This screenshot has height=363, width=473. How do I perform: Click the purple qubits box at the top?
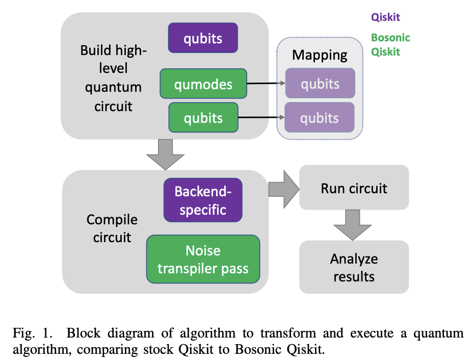pos(203,38)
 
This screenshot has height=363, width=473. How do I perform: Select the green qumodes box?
pos(203,84)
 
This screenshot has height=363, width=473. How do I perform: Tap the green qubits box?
pos(203,118)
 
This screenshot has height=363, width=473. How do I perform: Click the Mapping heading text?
pos(320,55)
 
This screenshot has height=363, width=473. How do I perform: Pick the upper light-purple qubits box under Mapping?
pos(320,84)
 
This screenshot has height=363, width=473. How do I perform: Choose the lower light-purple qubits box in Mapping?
pos(320,118)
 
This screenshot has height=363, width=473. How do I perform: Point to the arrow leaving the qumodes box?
pos(266,84)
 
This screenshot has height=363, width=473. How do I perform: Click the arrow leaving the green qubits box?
pos(261,118)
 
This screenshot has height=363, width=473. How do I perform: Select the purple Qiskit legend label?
pos(385,17)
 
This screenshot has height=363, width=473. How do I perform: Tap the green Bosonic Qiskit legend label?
pos(390,44)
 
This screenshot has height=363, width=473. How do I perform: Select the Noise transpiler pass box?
pos(203,260)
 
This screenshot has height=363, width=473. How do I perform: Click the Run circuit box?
pos(354,188)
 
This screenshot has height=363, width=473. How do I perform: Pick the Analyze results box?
pos(354,268)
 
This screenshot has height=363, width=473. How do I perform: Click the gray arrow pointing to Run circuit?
pos(283,188)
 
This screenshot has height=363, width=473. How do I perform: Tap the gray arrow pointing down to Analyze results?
pos(354,224)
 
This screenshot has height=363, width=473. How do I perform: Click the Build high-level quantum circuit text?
pos(113,78)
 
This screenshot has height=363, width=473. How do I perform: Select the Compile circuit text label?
pos(112,228)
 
